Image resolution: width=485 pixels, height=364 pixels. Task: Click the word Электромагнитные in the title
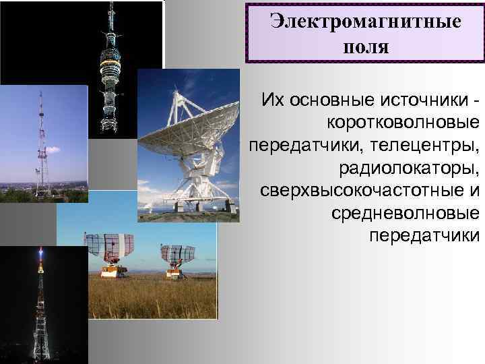pos(366,21)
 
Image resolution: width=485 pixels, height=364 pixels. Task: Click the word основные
pos(330,100)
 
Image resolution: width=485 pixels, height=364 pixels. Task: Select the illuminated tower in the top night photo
pos(110,61)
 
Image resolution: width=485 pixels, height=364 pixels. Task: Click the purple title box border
pos(247,34)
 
